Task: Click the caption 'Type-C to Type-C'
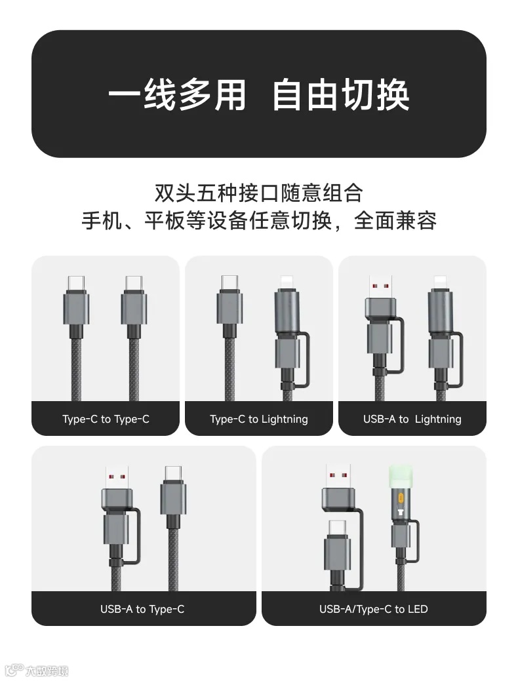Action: click(x=106, y=419)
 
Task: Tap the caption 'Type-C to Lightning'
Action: click(x=258, y=419)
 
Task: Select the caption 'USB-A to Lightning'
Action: click(x=412, y=419)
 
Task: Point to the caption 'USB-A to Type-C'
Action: click(x=142, y=610)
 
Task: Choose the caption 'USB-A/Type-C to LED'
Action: click(x=373, y=610)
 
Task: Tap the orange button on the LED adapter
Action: click(x=400, y=497)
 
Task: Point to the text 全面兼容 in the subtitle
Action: click(x=395, y=221)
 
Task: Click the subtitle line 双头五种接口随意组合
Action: click(x=258, y=193)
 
